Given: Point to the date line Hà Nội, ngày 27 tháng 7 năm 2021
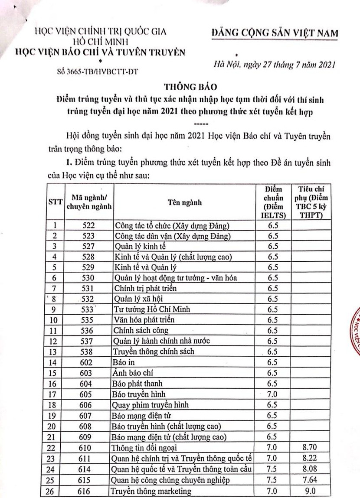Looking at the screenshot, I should [274, 65].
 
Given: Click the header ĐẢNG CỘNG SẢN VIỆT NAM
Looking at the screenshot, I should [275, 34].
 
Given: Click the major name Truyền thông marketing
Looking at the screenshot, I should [151, 491].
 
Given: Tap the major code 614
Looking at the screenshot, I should [88, 469].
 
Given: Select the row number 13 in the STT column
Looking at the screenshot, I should [54, 352].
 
